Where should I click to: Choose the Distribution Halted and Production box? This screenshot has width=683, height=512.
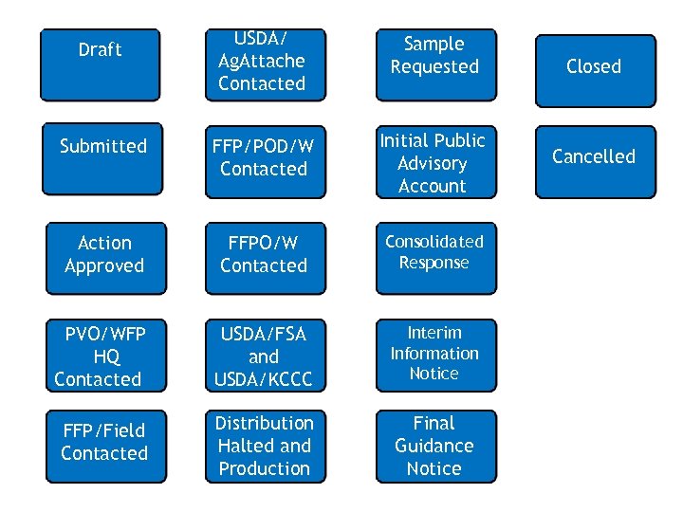pos(265,446)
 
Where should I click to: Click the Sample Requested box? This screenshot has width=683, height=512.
pos(435,64)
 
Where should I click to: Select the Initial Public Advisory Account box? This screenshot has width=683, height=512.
pos(435,161)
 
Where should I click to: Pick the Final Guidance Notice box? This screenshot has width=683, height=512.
pos(435,446)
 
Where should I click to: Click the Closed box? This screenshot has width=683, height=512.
pos(595,70)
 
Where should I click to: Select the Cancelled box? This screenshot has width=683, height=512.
pos(595,161)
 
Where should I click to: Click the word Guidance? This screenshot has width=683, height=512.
pos(434,446)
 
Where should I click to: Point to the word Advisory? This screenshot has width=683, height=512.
pos(433,163)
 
